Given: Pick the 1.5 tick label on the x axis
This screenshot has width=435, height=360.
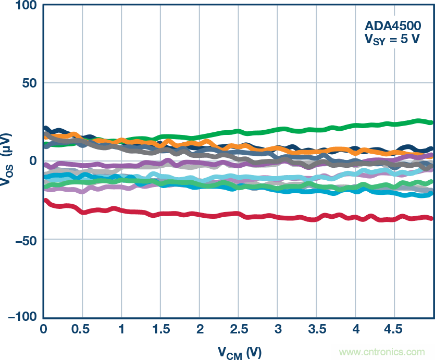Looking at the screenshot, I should tap(160, 330).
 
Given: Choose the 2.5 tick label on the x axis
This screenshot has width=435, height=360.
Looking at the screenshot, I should tap(239, 330).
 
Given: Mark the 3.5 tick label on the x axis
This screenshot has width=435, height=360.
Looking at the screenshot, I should tap(317, 330).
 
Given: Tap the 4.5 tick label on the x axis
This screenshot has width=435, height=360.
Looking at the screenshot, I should tap(395, 330).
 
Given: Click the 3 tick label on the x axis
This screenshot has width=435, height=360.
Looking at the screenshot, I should tap(278, 330).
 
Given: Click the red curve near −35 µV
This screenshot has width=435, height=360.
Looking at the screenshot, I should tap(208, 216).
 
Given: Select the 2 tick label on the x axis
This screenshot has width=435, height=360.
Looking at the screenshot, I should tap(200, 330).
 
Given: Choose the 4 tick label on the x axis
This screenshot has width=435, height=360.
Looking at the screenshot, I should tap(356, 330).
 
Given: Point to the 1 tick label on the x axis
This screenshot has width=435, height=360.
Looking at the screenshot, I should tap(121, 330).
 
